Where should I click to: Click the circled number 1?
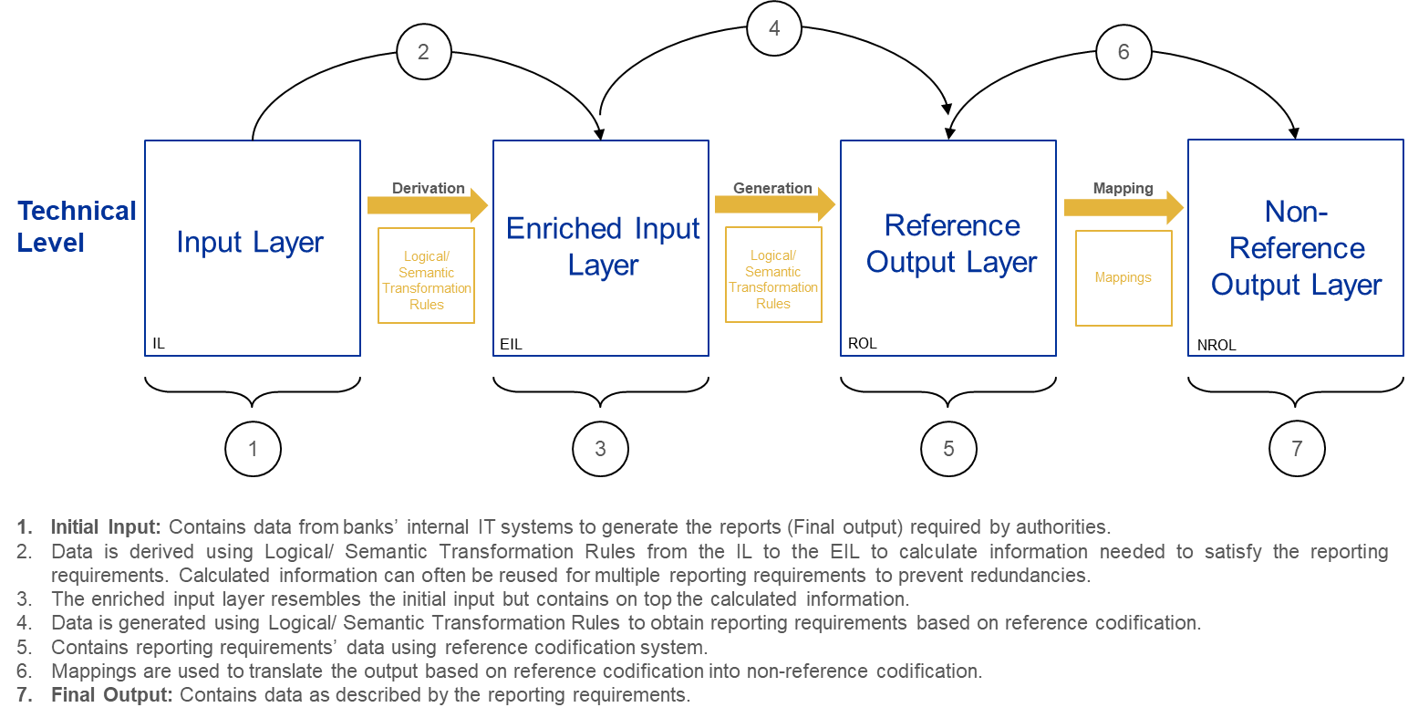click(253, 449)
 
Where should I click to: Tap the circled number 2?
click(424, 52)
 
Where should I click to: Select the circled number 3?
click(600, 449)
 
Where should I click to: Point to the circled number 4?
click(774, 28)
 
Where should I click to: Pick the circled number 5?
click(948, 449)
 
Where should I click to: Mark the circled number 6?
click(1123, 52)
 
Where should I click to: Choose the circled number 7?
click(1297, 449)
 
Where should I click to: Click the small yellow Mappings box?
click(1123, 277)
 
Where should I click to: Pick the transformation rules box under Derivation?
click(427, 276)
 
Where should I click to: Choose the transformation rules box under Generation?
click(773, 275)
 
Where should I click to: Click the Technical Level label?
click(77, 227)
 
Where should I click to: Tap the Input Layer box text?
click(251, 243)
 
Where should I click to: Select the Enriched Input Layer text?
click(603, 246)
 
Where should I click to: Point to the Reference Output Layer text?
click(951, 244)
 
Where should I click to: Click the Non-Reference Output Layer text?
click(1296, 248)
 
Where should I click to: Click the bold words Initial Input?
click(106, 527)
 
